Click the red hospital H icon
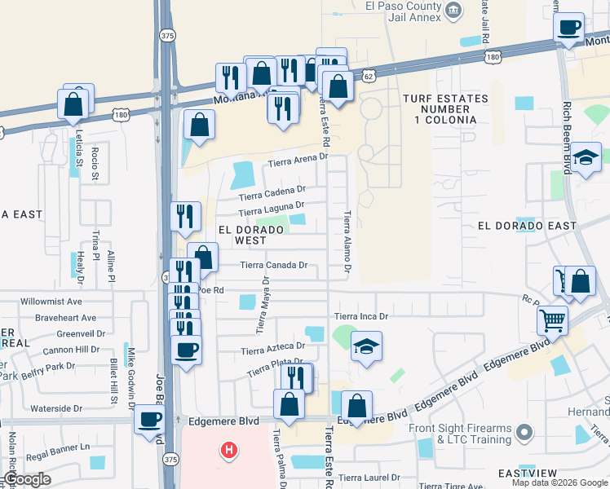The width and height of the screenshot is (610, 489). [230, 449]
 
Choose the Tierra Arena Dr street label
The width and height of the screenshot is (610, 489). [298, 159]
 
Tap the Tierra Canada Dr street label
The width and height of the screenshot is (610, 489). [274, 265]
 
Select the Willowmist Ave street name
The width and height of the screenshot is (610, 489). [59, 302]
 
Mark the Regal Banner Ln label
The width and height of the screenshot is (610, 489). [58, 447]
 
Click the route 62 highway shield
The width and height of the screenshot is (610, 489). [368, 74]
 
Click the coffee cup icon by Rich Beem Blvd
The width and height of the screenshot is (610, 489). [568, 28]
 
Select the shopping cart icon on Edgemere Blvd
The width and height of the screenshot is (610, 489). [553, 321]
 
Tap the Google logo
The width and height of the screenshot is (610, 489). [26, 479]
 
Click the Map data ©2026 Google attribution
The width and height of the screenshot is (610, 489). [559, 482]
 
